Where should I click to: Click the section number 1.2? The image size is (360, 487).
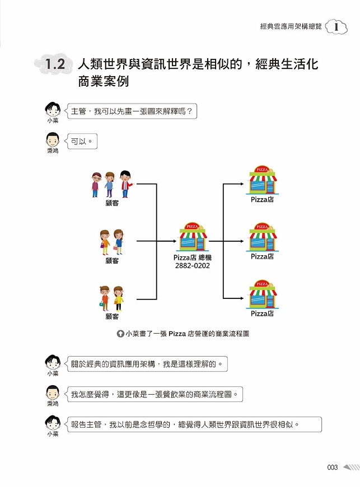[x=55, y=64]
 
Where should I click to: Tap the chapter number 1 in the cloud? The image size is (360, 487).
[x=336, y=27]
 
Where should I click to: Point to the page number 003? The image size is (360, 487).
[x=332, y=467]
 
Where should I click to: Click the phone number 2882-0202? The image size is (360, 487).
[x=192, y=265]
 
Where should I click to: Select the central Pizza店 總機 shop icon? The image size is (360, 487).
[x=193, y=237]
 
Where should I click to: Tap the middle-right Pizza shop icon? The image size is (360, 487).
[x=263, y=237]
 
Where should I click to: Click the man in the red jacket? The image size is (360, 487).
[x=125, y=184]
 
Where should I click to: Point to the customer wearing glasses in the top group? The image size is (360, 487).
[x=96, y=185]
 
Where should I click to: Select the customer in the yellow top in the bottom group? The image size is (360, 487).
[x=118, y=298]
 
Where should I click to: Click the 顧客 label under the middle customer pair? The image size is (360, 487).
[x=112, y=261]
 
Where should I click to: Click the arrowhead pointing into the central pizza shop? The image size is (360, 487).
[x=175, y=241]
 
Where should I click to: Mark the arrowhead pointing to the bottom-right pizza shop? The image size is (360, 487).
[x=242, y=298]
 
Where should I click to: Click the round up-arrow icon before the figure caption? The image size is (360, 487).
[x=120, y=334]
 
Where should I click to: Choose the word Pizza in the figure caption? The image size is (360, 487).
[x=177, y=334]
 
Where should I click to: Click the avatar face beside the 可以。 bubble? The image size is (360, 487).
[x=53, y=140]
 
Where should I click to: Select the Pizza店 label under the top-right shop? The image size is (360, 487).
[x=263, y=199]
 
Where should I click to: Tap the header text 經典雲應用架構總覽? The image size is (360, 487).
[x=291, y=26]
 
